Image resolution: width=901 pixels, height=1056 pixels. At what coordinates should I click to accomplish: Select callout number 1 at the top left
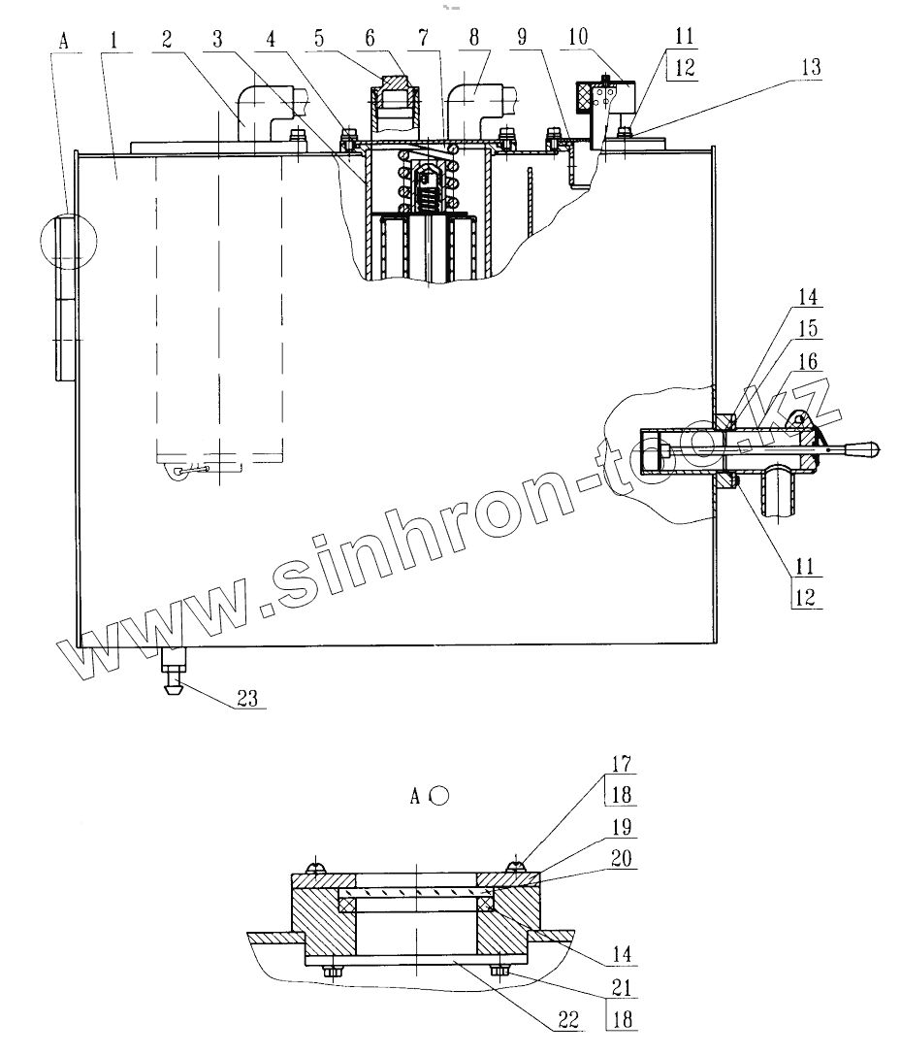114,42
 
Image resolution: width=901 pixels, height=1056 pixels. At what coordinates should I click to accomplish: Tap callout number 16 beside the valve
810,362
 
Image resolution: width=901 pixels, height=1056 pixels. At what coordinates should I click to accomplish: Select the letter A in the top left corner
66,42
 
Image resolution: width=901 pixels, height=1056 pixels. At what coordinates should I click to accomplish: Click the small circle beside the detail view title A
439,796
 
